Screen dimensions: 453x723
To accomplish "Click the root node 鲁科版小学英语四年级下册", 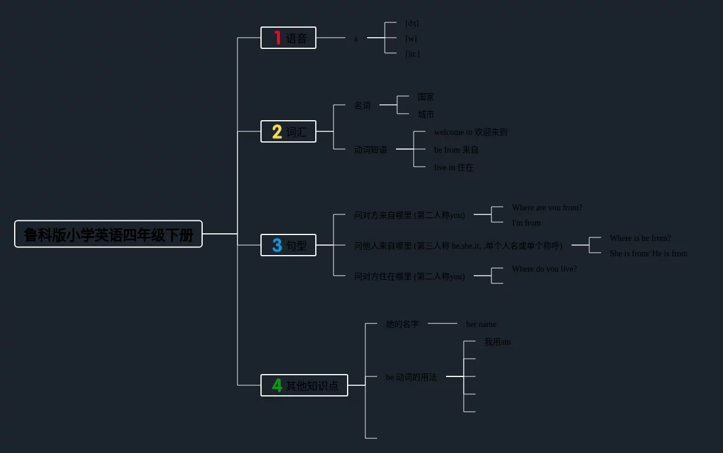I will tap(108, 234).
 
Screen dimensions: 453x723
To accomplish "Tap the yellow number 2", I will tap(277, 132).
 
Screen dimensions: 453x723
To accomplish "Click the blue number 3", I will tap(277, 245).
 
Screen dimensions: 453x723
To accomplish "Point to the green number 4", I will tap(277, 385).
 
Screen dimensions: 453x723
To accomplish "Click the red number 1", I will tap(278, 38).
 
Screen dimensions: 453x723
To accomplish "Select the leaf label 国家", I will tap(425, 97).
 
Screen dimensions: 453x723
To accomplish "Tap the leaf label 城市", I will tap(425, 114).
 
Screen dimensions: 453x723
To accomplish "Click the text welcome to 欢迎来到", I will tap(470, 133).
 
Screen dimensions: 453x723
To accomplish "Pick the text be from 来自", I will tap(456, 150).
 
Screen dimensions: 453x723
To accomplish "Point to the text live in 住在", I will tap(453, 168).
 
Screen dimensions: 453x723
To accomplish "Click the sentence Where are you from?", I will tap(547, 207).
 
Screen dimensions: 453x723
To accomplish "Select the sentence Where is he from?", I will tap(640, 238).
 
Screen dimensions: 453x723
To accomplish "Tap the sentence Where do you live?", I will tap(544, 269).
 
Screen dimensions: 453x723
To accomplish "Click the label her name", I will tap(481, 324).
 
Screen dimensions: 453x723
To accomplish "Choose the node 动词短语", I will tap(370, 150).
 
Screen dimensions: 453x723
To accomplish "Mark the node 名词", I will tap(362, 105).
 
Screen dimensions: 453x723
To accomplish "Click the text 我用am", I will tap(497, 342).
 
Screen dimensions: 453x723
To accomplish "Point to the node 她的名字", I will tap(402, 324).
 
